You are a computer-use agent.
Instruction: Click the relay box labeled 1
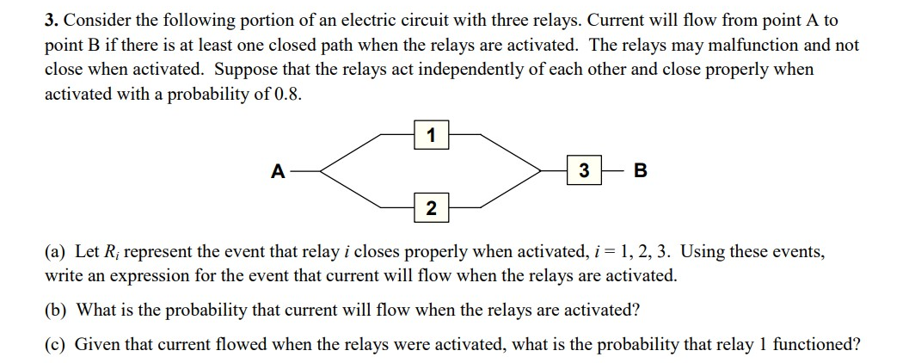pos(430,135)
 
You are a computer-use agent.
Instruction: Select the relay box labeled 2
pos(430,207)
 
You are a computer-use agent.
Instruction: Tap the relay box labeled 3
pos(584,171)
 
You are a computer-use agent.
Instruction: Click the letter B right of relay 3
pos(640,171)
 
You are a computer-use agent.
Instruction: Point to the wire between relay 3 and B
pos(612,171)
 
